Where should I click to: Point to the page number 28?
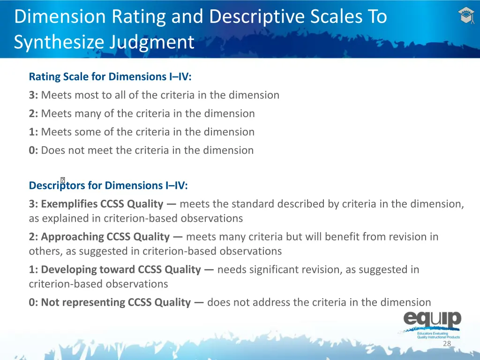click(x=447, y=344)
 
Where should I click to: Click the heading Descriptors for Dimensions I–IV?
click(x=108, y=185)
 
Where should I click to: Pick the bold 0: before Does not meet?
click(x=33, y=150)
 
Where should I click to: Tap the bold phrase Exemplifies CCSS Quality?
click(x=102, y=204)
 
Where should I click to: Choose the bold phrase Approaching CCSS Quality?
click(x=105, y=237)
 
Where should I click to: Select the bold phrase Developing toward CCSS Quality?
click(x=121, y=270)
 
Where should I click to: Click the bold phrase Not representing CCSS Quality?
click(x=116, y=302)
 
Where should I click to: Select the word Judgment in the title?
click(x=152, y=42)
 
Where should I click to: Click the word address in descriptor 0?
click(x=272, y=302)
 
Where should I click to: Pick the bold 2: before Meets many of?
click(x=33, y=113)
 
